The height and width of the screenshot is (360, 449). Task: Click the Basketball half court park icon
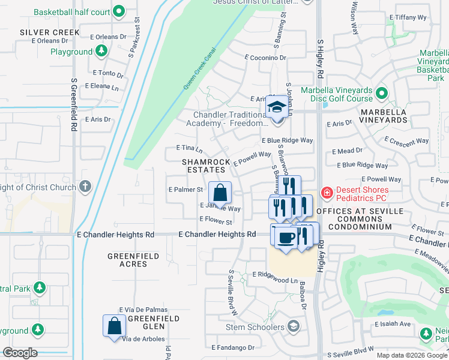click(119, 11)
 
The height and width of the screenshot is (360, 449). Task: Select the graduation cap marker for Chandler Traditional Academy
click(276, 108)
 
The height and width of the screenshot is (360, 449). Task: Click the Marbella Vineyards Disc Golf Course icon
click(382, 93)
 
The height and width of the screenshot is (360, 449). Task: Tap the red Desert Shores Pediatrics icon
click(327, 193)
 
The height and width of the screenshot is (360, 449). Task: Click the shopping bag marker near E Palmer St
click(220, 193)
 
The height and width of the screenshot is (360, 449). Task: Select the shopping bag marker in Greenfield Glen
click(114, 326)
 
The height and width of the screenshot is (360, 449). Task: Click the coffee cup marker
click(286, 238)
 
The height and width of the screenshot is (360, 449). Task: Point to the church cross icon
click(85, 186)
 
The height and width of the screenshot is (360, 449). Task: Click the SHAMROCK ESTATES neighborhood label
click(208, 166)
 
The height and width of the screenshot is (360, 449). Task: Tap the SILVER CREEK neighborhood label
click(49, 32)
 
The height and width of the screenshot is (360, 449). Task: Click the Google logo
click(20, 353)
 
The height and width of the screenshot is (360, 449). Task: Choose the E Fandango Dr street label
click(233, 347)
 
